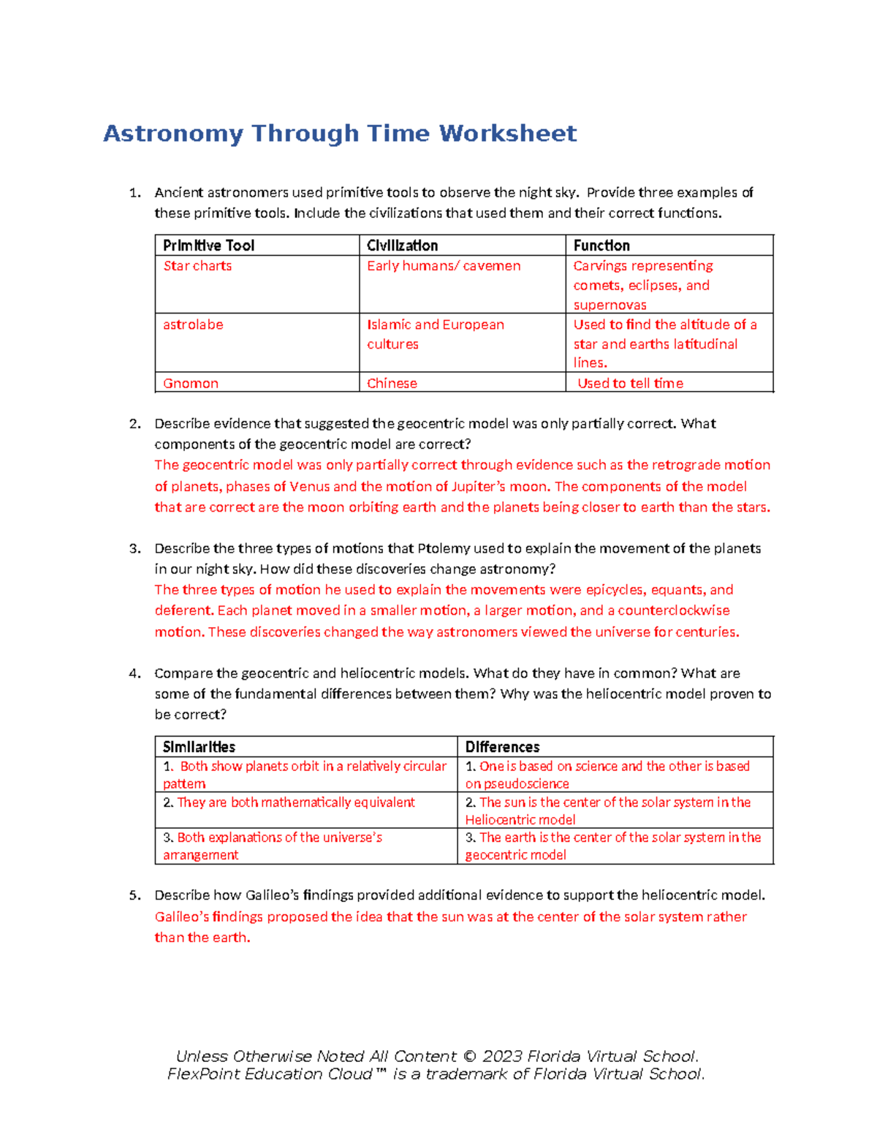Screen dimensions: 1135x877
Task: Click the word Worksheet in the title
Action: coord(507,134)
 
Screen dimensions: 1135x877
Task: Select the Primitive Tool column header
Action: coord(208,246)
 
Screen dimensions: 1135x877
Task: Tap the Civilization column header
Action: coord(402,246)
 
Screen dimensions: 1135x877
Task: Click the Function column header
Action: coord(601,246)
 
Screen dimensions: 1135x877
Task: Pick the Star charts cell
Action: coord(197,266)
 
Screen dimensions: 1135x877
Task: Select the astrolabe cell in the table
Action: coord(193,324)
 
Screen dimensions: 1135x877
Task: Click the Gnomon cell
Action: coord(191,383)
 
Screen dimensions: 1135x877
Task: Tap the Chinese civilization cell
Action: coord(392,383)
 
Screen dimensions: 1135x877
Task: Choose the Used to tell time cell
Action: coord(630,383)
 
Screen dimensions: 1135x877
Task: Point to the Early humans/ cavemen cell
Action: coord(444,266)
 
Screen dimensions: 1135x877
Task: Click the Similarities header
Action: coord(199,747)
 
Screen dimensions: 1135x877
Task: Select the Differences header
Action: coord(502,747)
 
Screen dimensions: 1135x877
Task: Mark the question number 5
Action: coord(134,895)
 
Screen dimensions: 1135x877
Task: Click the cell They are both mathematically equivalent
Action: coord(295,802)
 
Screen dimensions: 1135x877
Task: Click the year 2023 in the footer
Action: coord(501,1056)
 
